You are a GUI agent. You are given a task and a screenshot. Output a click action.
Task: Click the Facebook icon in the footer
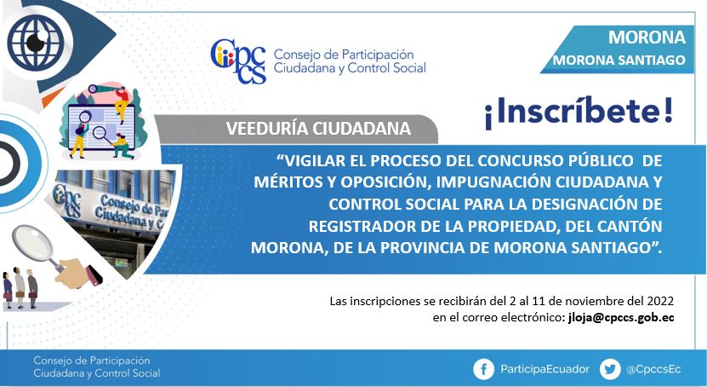coord(484,370)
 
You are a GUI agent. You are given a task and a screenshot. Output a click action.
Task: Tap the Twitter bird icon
coord(610,370)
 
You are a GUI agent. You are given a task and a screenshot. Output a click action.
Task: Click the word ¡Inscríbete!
coord(579,111)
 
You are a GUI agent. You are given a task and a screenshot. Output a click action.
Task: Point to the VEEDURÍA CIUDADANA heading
coord(318,129)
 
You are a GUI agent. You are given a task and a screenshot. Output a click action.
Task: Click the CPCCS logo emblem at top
coord(238,61)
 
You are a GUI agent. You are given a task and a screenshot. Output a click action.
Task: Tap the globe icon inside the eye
coord(36,43)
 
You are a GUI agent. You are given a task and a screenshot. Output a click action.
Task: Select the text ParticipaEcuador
coord(545,369)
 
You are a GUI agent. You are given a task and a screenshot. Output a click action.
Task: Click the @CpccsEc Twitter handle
coord(653,369)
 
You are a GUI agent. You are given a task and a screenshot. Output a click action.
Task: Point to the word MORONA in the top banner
coord(647,38)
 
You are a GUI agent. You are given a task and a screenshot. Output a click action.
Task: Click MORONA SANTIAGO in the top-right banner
coord(619,60)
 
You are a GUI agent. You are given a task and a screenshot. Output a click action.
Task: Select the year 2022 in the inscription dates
coord(660,301)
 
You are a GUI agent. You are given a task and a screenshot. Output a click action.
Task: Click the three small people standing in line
coord(20,288)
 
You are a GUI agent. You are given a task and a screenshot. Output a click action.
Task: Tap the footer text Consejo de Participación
coord(92,361)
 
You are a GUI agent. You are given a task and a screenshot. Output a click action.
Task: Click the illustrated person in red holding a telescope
coord(120,101)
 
